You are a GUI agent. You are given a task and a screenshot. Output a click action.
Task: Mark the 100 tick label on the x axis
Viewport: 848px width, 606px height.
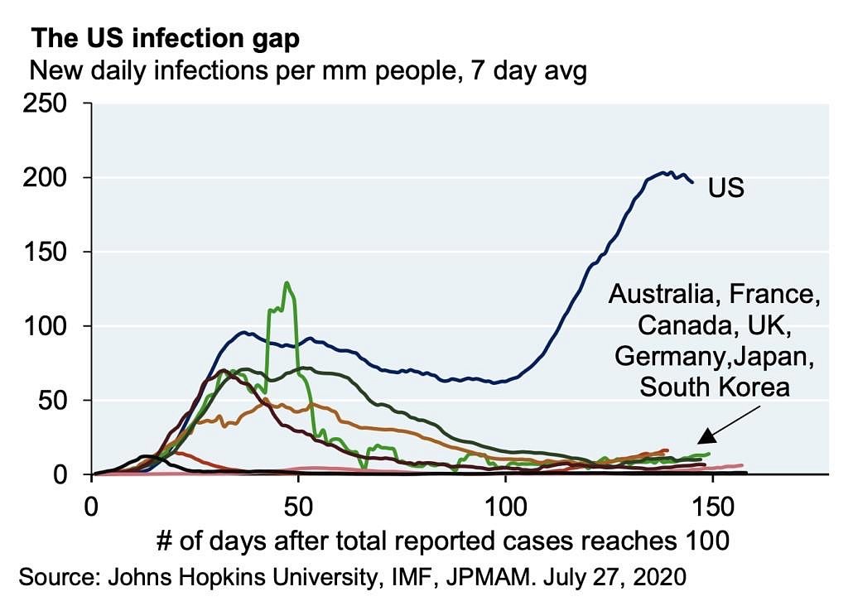click(504, 505)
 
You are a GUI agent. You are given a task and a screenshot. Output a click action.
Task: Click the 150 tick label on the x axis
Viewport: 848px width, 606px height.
click(711, 505)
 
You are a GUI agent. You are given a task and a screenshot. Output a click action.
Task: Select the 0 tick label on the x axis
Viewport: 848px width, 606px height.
click(92, 505)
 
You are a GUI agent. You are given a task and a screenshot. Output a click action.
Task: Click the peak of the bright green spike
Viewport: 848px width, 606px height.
click(287, 283)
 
